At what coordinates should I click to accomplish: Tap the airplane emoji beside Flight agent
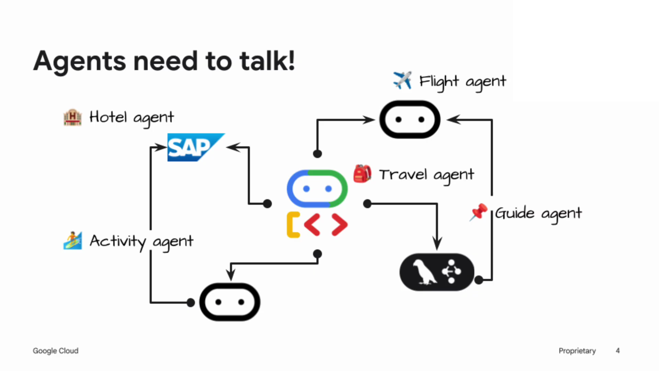pos(402,80)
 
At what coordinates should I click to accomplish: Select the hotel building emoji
pos(72,117)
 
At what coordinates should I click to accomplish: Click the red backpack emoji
pos(362,173)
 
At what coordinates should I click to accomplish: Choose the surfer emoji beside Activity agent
pos(72,240)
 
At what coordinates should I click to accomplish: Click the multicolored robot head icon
pos(317,189)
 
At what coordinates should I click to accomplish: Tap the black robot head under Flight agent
pos(409,120)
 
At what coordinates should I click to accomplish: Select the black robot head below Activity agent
pos(230,302)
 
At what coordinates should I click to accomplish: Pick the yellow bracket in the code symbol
pos(293,225)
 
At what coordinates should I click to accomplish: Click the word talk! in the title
pos(267,61)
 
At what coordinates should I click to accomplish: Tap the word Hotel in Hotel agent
pos(108,117)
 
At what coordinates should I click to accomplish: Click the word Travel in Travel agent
pos(403,175)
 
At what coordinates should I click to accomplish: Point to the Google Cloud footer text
pos(56,351)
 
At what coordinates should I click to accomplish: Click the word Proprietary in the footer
pos(577,351)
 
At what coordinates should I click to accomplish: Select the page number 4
pos(617,351)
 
